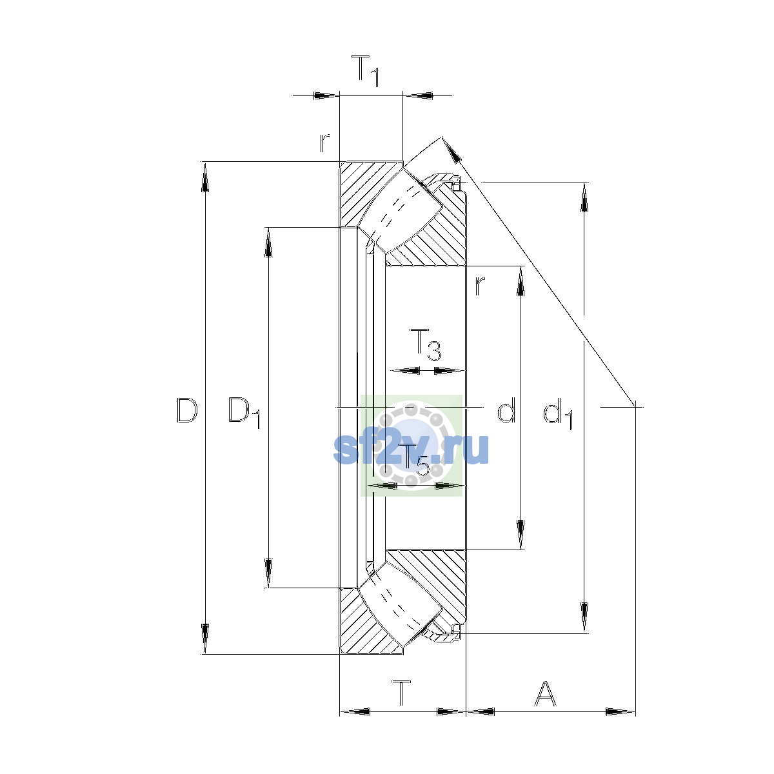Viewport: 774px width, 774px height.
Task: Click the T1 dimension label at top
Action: pyautogui.click(x=365, y=71)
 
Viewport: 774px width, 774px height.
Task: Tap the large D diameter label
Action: pyautogui.click(x=187, y=410)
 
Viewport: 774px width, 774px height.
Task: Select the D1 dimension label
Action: pyautogui.click(x=244, y=413)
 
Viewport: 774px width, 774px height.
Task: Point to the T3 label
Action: pyautogui.click(x=425, y=344)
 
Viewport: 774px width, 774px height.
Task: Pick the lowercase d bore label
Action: pyautogui.click(x=506, y=410)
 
